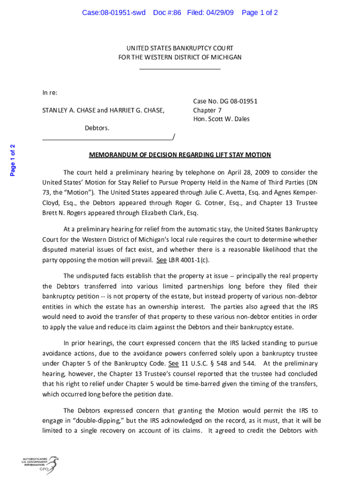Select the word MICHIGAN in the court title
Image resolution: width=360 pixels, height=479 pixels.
tap(225, 57)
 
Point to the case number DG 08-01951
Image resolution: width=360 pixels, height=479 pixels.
tap(237, 101)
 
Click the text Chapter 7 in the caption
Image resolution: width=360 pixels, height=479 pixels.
tap(208, 110)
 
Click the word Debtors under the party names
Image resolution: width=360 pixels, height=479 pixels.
tap(96, 128)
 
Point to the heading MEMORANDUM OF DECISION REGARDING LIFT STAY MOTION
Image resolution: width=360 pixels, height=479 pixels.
tap(180, 155)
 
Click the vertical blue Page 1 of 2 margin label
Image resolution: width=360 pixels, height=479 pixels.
tap(13, 160)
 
